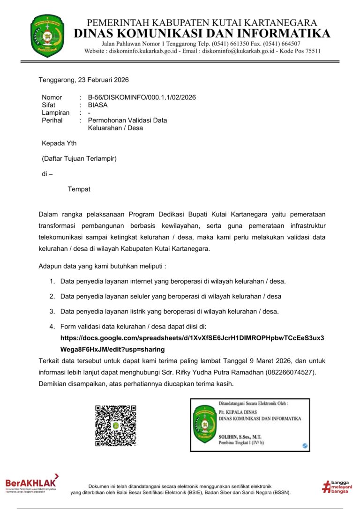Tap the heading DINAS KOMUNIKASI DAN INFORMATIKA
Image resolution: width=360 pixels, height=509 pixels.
(202, 33)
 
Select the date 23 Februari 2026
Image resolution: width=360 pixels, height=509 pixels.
(102, 80)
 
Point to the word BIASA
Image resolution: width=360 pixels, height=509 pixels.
(97, 105)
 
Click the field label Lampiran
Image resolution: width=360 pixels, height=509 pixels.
(55, 112)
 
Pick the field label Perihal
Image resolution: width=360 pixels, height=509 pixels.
(53, 120)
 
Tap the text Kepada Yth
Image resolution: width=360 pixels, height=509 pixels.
(59, 143)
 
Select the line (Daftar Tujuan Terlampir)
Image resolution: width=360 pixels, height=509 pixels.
(79, 158)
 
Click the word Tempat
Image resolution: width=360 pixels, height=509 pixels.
(79, 189)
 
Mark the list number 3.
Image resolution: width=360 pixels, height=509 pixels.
(52, 311)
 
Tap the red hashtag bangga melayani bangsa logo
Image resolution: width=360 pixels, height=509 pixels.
(337, 487)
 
